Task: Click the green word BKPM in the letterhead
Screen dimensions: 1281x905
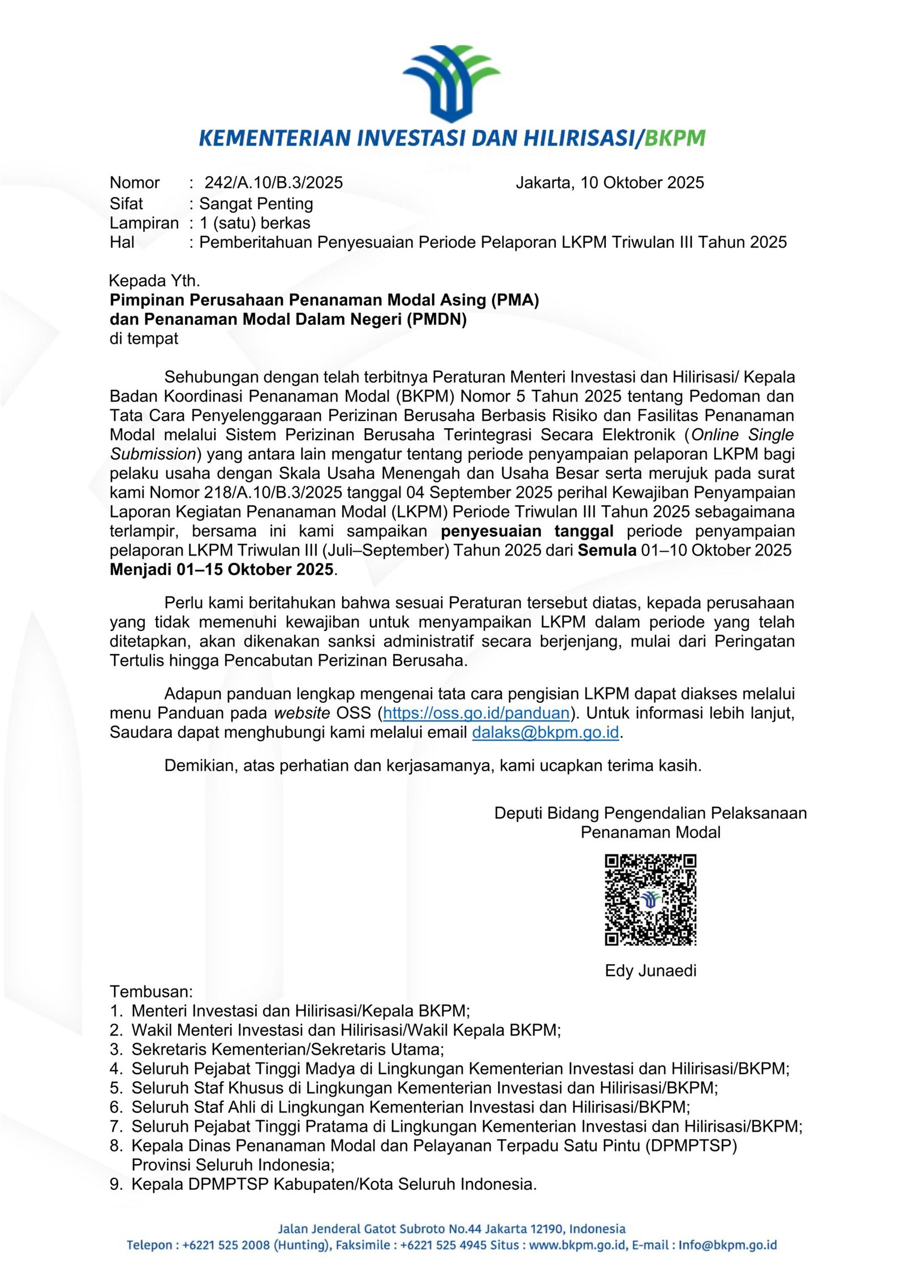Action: (x=675, y=137)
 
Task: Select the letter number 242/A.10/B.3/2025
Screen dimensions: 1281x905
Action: (x=274, y=183)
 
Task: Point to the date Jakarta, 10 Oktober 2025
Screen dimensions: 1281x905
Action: (x=610, y=183)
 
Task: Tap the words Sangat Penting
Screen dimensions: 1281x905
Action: (x=256, y=203)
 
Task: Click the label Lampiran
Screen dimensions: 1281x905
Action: (x=144, y=223)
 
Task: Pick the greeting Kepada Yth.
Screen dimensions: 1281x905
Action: (x=154, y=281)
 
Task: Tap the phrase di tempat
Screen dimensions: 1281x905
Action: (x=144, y=338)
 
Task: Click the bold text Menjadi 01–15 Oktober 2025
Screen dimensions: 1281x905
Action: (x=222, y=569)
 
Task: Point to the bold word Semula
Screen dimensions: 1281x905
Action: (x=607, y=550)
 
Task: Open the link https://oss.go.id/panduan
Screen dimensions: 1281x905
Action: (x=476, y=713)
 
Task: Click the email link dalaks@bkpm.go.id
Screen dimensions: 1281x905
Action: (x=545, y=732)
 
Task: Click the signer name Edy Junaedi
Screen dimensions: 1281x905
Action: (x=650, y=970)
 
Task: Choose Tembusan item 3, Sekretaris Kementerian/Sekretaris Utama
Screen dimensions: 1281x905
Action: (x=287, y=1050)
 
